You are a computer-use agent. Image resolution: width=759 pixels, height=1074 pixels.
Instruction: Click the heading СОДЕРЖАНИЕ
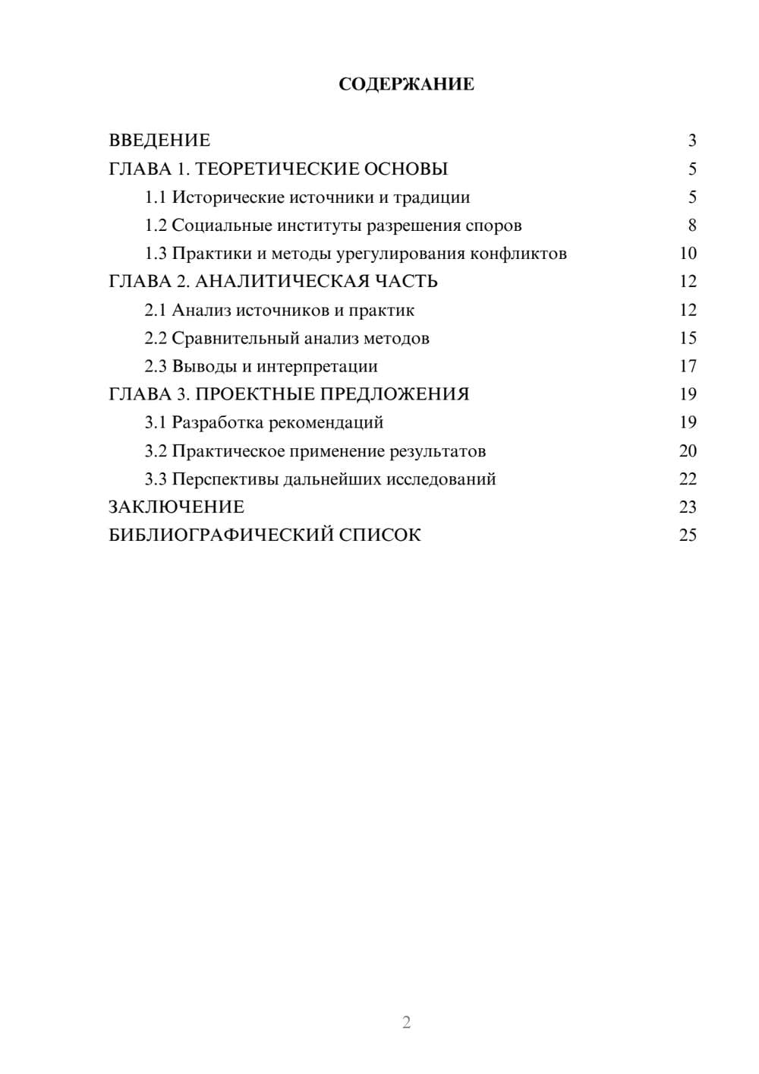[406, 84]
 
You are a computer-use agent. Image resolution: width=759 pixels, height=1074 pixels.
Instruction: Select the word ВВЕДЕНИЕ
[159, 141]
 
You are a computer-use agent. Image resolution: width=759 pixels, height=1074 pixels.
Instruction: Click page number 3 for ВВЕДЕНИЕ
[691, 141]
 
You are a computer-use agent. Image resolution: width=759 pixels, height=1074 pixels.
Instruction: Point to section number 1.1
[155, 197]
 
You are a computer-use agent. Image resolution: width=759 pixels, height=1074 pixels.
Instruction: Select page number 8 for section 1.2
[691, 226]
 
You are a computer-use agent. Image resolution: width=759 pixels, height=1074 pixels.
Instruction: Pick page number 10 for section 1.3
[688, 254]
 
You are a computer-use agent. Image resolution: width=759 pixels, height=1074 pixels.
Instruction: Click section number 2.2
[155, 338]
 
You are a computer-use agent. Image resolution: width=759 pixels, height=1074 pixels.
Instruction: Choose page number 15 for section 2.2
[688, 338]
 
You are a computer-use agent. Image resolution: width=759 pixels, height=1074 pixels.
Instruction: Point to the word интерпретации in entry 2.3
[317, 366]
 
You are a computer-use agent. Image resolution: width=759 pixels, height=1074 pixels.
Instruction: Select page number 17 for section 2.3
[688, 366]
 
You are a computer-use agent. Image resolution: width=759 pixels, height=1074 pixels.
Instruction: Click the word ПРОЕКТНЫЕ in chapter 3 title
[256, 394]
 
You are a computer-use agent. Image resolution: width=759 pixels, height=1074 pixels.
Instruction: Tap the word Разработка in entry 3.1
[218, 422]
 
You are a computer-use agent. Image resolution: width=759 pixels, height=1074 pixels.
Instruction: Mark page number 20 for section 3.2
[688, 451]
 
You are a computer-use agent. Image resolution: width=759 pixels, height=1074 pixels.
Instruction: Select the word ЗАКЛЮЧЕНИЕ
[176, 507]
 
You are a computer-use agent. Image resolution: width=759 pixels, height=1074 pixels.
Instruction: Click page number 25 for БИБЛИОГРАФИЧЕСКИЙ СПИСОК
[688, 535]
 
